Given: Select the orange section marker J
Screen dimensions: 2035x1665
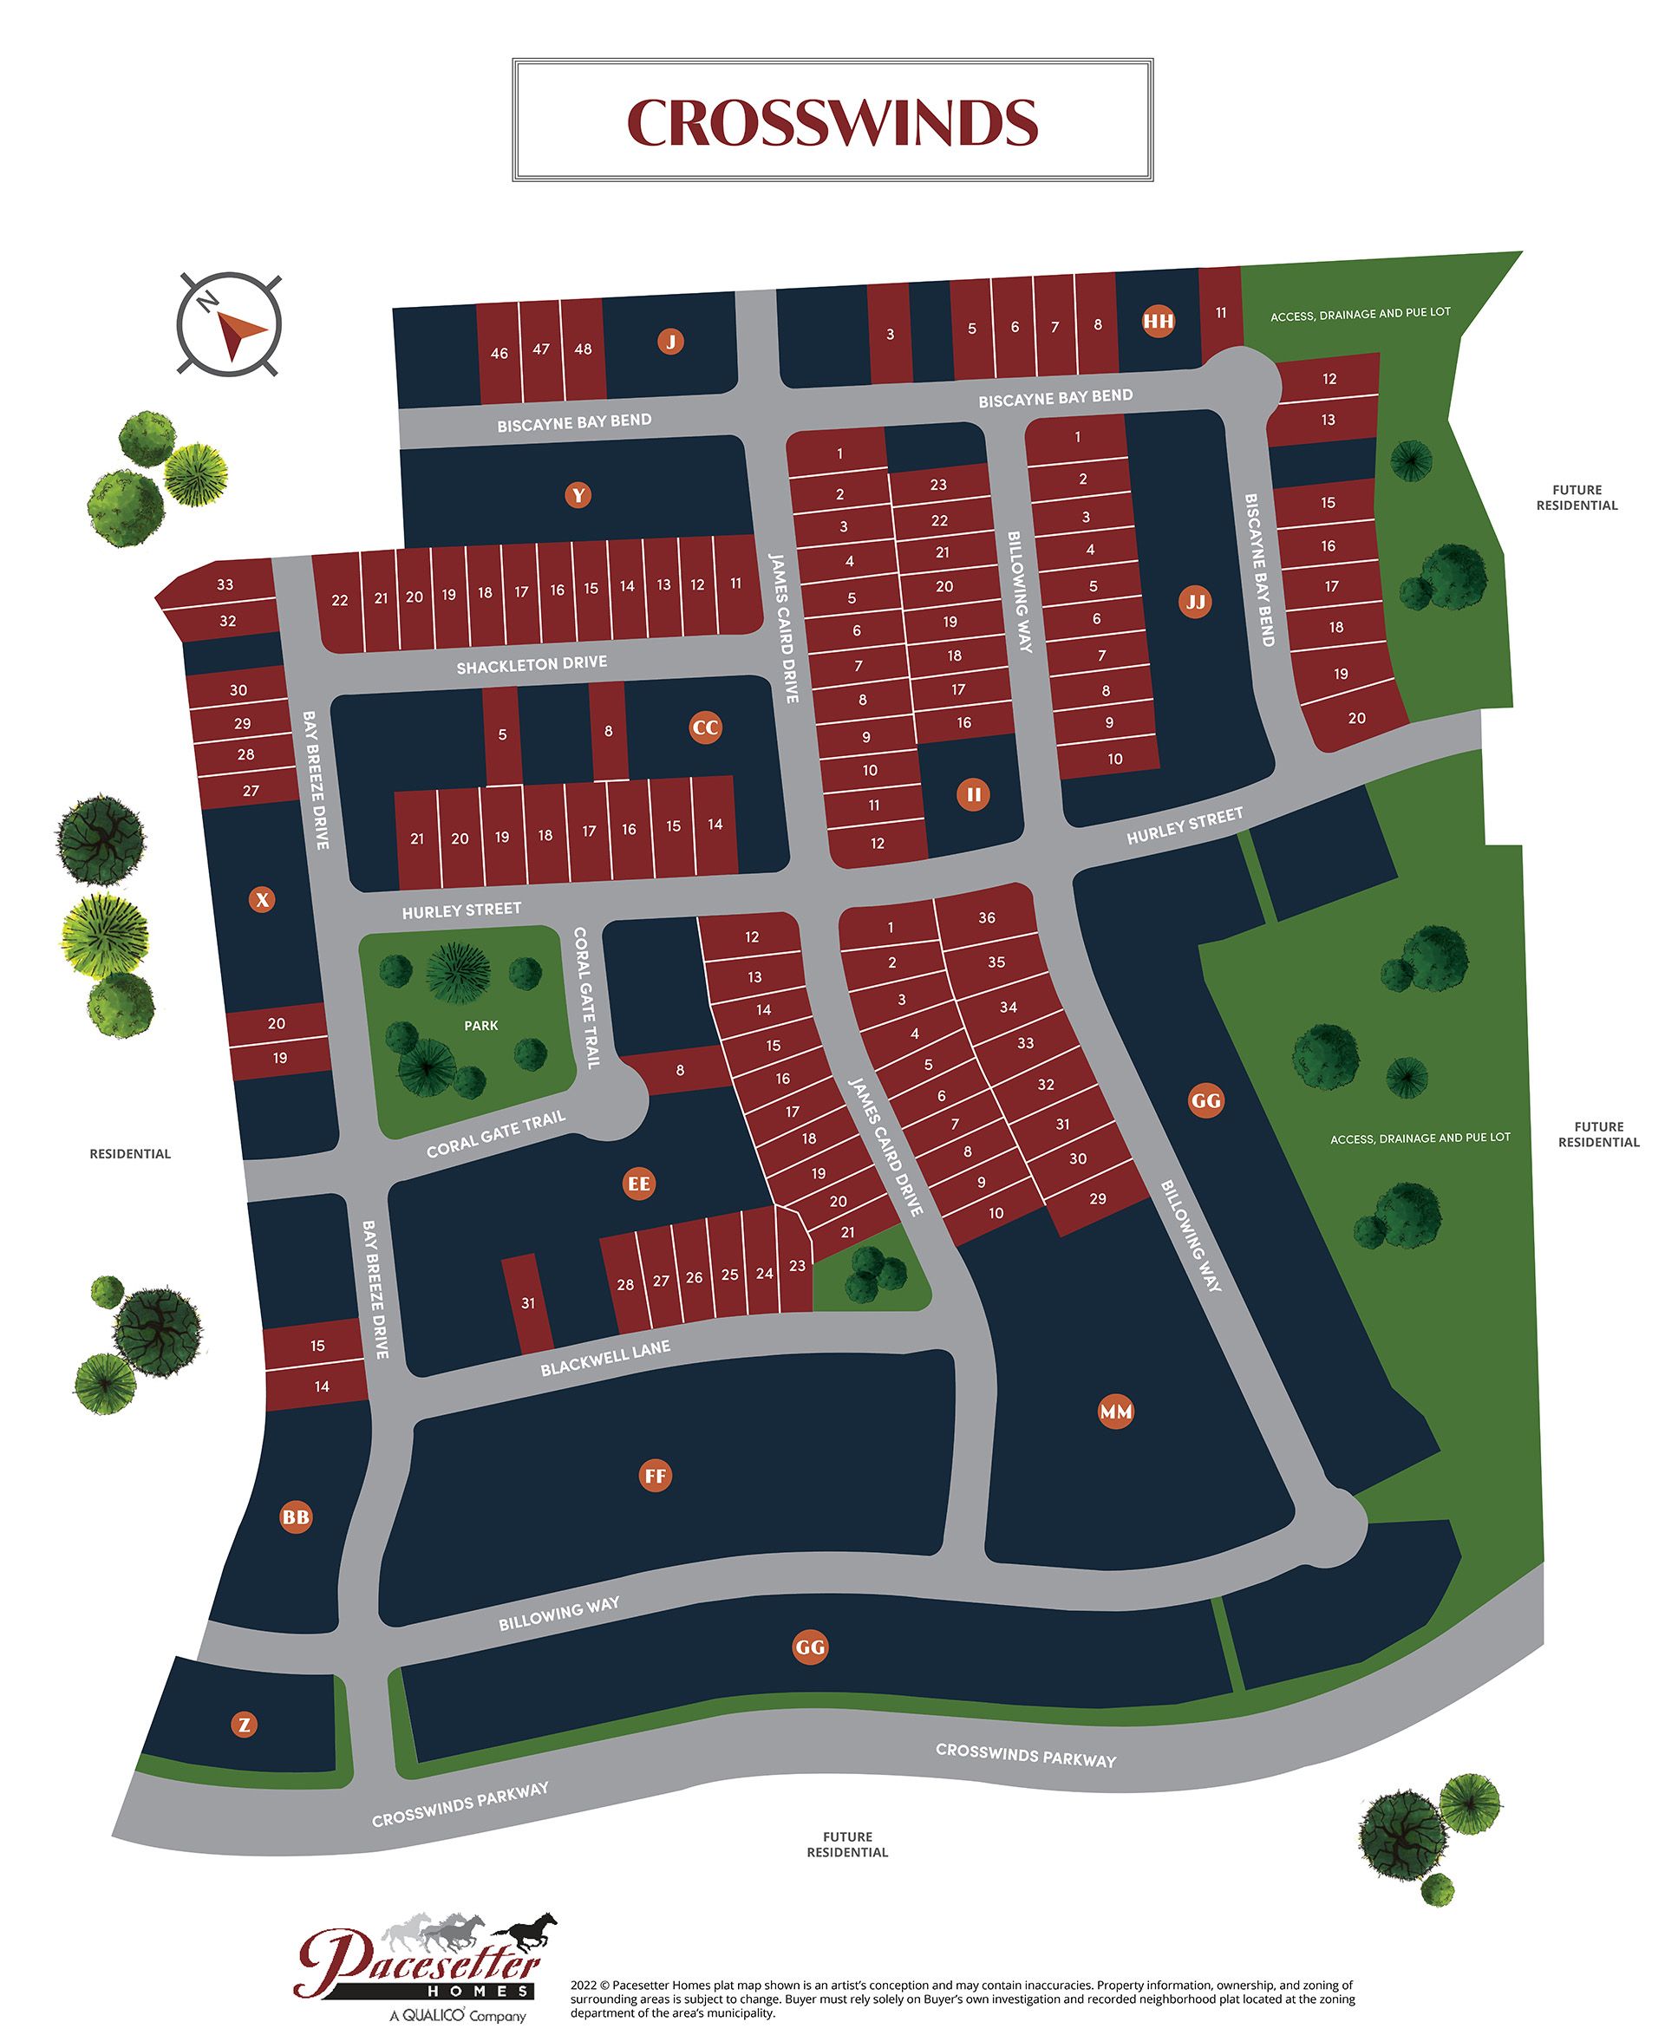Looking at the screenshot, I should click(670, 341).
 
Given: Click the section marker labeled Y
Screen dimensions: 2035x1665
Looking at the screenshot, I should click(578, 495).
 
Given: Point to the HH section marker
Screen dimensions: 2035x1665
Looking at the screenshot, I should click(1159, 322).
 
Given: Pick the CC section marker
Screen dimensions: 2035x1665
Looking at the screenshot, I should click(705, 727).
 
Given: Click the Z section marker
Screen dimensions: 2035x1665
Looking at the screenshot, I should click(245, 1725).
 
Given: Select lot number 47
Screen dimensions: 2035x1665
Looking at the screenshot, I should click(541, 349).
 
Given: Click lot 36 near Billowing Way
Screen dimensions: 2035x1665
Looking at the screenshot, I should click(987, 917).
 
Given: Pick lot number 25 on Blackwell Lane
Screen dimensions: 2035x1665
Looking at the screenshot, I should click(730, 1275).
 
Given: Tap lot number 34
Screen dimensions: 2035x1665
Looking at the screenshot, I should click(1008, 1007).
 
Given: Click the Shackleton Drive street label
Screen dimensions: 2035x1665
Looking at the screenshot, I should click(532, 663).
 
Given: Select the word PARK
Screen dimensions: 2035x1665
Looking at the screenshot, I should click(480, 1025).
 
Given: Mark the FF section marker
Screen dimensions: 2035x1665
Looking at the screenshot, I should click(655, 1476).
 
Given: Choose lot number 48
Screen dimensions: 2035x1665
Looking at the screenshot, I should click(583, 349).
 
